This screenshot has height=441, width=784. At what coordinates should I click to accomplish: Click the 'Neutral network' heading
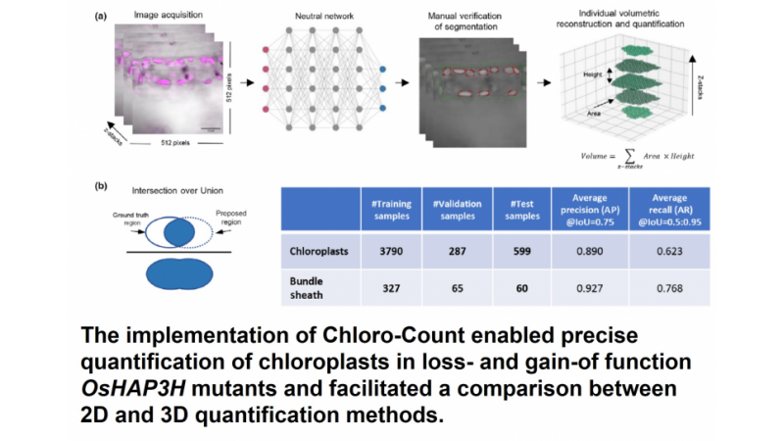(x=323, y=17)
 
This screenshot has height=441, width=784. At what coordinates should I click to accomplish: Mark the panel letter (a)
(x=101, y=15)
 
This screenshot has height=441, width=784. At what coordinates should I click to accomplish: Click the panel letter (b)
(x=101, y=184)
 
